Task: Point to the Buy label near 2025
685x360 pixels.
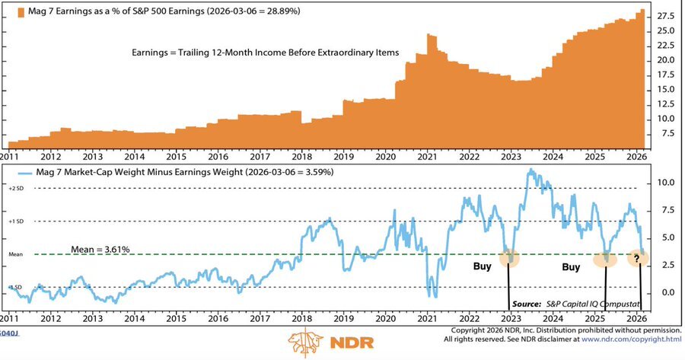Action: (x=572, y=267)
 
